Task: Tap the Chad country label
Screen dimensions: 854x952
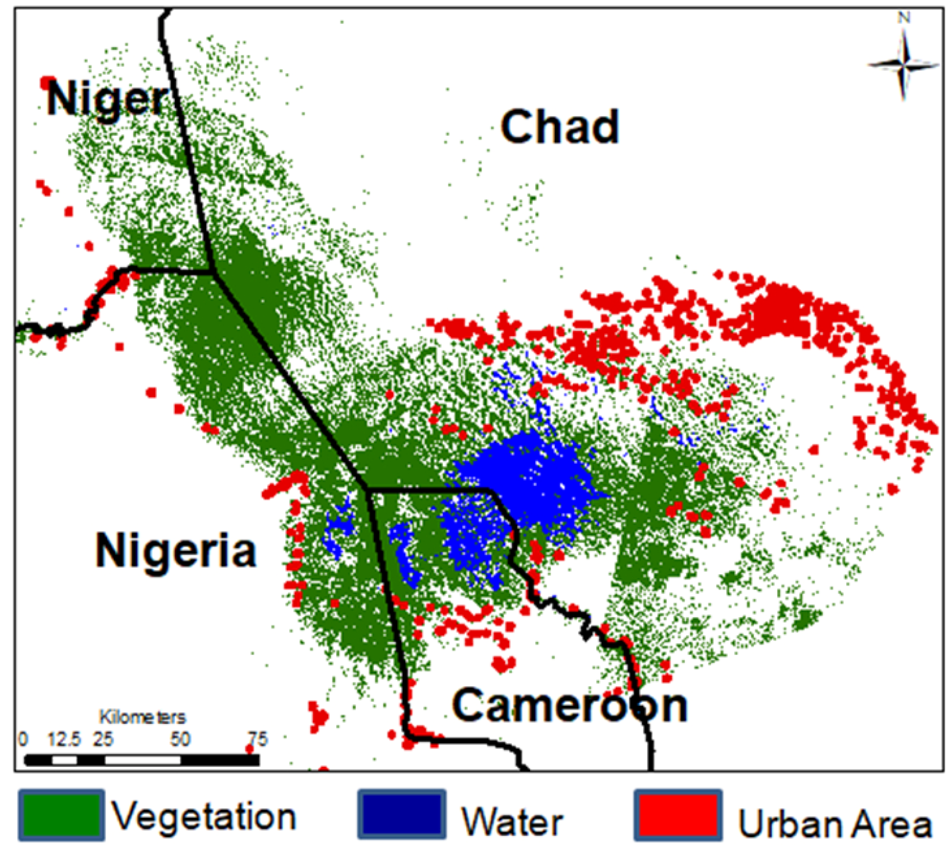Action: tap(559, 127)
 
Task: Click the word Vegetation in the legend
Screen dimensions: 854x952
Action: tap(204, 817)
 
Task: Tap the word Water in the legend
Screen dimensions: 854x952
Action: tap(512, 822)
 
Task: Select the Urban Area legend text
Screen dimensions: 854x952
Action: tap(835, 824)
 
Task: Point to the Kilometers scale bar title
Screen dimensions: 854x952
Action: tap(143, 717)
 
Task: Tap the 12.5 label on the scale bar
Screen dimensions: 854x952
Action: tap(64, 740)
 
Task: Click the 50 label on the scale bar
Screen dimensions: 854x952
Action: tap(179, 740)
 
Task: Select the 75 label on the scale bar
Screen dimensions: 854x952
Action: tap(258, 740)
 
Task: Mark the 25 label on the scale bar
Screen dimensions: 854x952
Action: tap(103, 740)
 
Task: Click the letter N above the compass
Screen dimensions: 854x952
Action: tap(904, 18)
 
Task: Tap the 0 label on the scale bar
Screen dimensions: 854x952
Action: tap(22, 740)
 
